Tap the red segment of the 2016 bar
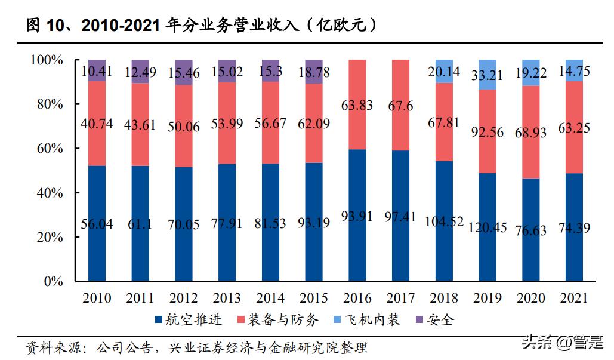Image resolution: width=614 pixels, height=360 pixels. (x=357, y=104)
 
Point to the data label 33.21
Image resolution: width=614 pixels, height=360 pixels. (x=488, y=76)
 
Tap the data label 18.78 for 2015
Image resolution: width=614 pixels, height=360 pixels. (x=314, y=73)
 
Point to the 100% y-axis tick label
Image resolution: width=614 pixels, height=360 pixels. (x=47, y=60)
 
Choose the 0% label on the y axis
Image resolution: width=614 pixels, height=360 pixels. (x=53, y=282)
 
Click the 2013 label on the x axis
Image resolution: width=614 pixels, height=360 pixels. (x=227, y=298)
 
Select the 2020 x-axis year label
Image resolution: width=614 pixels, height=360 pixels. (x=531, y=298)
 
